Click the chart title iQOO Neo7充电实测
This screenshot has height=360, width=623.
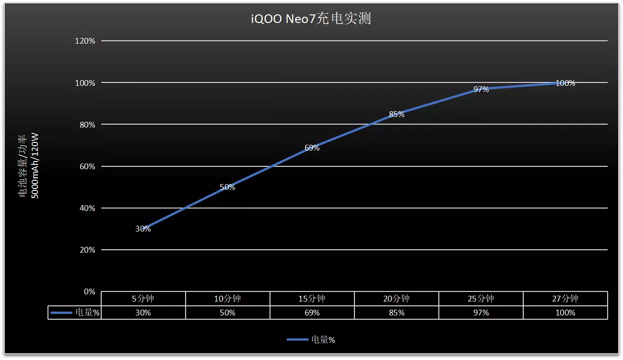311,19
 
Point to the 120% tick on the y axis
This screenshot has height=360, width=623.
85,41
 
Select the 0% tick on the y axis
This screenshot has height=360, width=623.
89,291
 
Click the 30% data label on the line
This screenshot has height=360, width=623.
143,229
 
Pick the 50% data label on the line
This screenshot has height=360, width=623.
227,187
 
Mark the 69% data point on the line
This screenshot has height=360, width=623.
312,148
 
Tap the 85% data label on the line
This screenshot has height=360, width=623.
397,115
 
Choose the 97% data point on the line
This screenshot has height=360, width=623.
481,89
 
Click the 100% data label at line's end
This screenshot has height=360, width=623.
565,83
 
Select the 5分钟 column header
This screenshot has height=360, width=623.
143,299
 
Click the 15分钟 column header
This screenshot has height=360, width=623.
312,299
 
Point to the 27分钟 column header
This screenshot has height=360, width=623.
565,299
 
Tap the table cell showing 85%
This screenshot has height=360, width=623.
397,313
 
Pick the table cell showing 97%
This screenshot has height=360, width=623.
481,313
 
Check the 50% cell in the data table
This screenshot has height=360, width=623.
227,313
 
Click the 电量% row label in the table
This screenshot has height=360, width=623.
87,313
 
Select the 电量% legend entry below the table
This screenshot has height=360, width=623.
323,340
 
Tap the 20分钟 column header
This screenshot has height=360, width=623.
397,299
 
